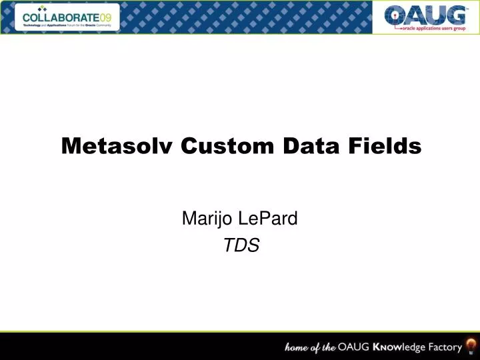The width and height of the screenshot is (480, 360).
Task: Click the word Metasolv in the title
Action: coord(117,145)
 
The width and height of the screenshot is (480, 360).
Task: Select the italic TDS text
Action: coord(241,246)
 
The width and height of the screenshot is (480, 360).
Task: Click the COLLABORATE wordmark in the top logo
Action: coord(61,17)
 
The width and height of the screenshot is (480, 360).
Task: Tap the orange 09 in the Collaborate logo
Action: coord(106,17)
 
